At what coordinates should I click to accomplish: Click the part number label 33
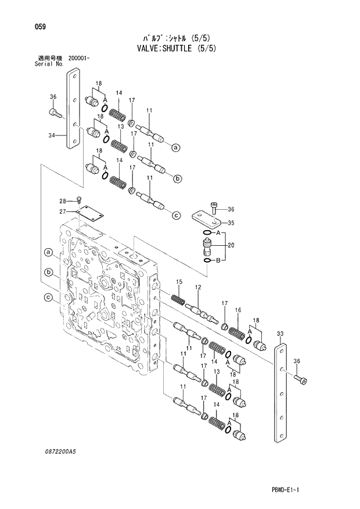point(280,333)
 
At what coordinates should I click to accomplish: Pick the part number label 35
point(231,223)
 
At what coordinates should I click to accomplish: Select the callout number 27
point(63,212)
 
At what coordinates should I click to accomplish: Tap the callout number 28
point(63,202)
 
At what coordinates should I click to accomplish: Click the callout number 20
point(231,245)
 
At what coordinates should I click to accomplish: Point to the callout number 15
point(179,282)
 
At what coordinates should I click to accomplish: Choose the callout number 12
point(198,288)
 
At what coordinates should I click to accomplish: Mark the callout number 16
point(237,311)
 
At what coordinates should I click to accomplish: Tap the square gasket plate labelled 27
point(91,214)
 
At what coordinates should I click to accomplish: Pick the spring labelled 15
point(178,299)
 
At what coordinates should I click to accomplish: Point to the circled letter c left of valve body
point(49,299)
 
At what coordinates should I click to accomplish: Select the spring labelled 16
point(236,333)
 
